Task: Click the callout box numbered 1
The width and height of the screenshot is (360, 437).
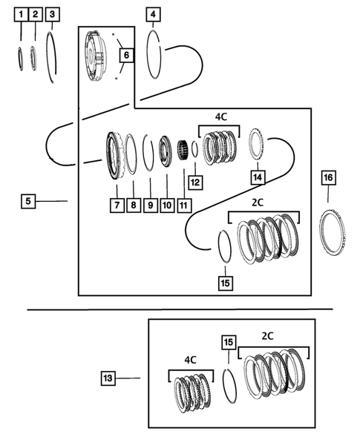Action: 21,15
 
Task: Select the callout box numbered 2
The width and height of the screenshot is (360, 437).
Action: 36,15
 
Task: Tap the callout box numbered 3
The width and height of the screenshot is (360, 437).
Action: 51,15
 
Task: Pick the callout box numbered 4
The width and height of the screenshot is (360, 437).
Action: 152,15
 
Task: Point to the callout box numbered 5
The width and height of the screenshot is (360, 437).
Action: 28,200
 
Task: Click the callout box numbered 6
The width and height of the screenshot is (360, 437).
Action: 125,56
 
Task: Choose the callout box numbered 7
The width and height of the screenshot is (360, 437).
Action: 117,203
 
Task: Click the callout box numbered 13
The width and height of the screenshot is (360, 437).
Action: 108,378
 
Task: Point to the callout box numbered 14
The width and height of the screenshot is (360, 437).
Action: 257,177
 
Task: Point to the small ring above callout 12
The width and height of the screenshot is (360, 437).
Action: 194,149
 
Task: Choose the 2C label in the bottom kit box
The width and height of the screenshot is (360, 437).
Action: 268,336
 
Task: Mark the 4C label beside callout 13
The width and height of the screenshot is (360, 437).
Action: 191,359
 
